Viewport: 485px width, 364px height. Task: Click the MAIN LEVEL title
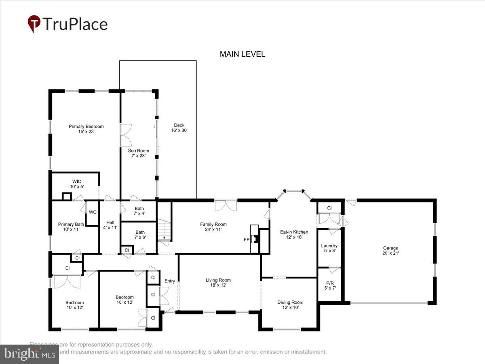coord(242,54)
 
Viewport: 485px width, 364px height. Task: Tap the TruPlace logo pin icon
coord(34,24)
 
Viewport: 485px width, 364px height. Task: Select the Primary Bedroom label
coord(86,129)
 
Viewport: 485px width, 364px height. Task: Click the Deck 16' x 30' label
coord(179,128)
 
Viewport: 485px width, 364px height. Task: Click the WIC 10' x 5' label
coord(77,184)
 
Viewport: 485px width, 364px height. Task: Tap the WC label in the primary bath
coord(93,212)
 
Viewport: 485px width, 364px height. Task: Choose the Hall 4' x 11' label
coord(110,225)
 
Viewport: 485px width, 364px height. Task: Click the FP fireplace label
coord(247,239)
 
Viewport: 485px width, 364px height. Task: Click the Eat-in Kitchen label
coord(294,235)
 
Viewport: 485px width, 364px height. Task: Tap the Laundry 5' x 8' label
coord(329,248)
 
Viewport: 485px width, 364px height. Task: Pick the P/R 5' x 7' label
coord(329,285)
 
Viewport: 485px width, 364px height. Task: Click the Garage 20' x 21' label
coord(390,250)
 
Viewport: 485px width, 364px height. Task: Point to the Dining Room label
coord(290,305)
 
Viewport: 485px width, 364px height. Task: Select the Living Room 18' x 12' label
coord(218,282)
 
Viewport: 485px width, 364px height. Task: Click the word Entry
coord(170,281)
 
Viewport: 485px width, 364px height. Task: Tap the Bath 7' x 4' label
coord(139,211)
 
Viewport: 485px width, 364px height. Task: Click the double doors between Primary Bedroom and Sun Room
coord(126,135)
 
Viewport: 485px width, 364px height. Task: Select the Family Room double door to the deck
coord(225,205)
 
